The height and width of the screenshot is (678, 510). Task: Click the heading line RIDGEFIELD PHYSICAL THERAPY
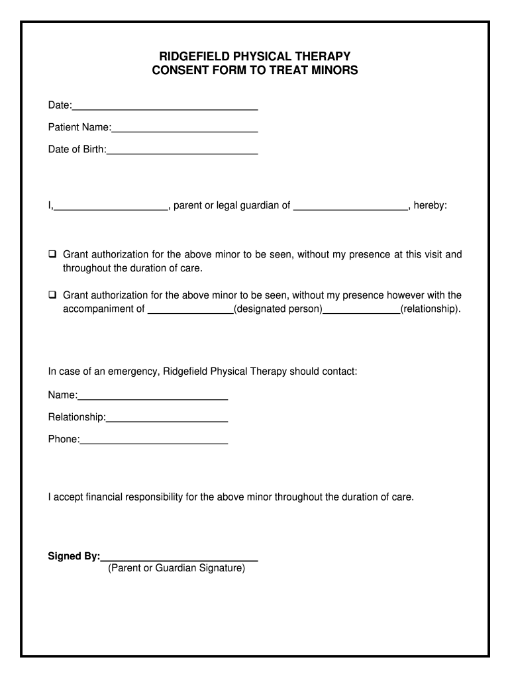(255, 56)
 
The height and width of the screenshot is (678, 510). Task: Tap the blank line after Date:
(165, 106)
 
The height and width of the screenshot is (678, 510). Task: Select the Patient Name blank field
(185, 128)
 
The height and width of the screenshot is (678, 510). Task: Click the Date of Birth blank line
(182, 150)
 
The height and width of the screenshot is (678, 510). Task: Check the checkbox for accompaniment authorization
(52, 295)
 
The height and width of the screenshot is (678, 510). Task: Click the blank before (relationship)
(362, 309)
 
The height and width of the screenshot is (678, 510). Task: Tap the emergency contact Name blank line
(153, 396)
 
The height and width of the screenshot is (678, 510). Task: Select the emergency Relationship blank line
(167, 418)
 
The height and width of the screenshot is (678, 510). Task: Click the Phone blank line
(154, 440)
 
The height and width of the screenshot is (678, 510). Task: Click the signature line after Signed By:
(179, 557)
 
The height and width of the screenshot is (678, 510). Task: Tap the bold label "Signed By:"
(74, 556)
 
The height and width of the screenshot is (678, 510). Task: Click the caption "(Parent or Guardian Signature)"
(176, 568)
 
